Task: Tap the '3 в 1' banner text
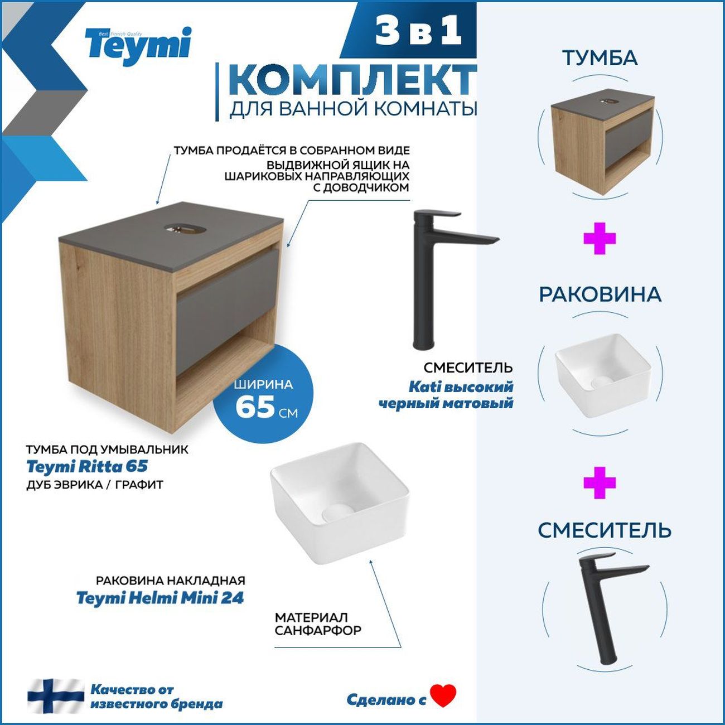(x=418, y=31)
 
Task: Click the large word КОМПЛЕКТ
(x=352, y=81)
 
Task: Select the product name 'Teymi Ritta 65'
(x=87, y=466)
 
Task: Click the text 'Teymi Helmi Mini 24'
(x=160, y=598)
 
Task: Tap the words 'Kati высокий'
(x=461, y=386)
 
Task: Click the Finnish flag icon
(x=56, y=696)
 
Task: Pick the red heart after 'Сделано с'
(x=443, y=695)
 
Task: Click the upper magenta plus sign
(x=600, y=239)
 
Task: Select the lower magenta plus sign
(x=600, y=483)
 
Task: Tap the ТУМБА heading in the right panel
(x=600, y=58)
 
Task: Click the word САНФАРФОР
(x=318, y=631)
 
